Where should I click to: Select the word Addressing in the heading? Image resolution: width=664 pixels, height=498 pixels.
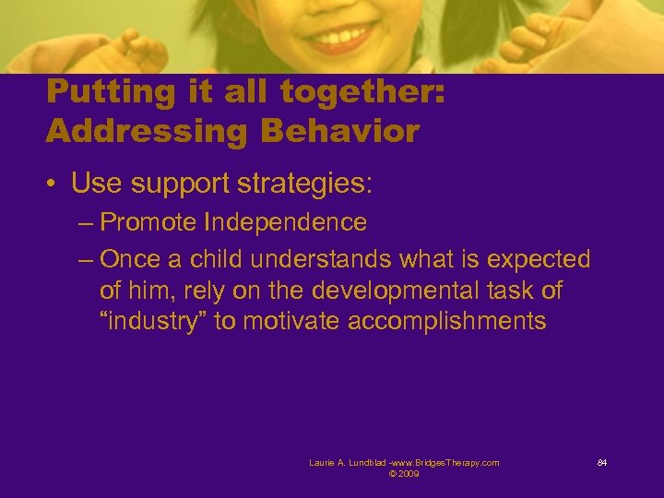(x=146, y=131)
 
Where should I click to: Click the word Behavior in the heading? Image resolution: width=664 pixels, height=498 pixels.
(x=339, y=131)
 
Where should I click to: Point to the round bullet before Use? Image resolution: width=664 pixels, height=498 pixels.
(x=53, y=184)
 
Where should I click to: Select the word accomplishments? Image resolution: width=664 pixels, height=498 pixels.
(x=449, y=322)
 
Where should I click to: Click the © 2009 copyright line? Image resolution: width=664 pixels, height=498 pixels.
(x=404, y=474)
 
